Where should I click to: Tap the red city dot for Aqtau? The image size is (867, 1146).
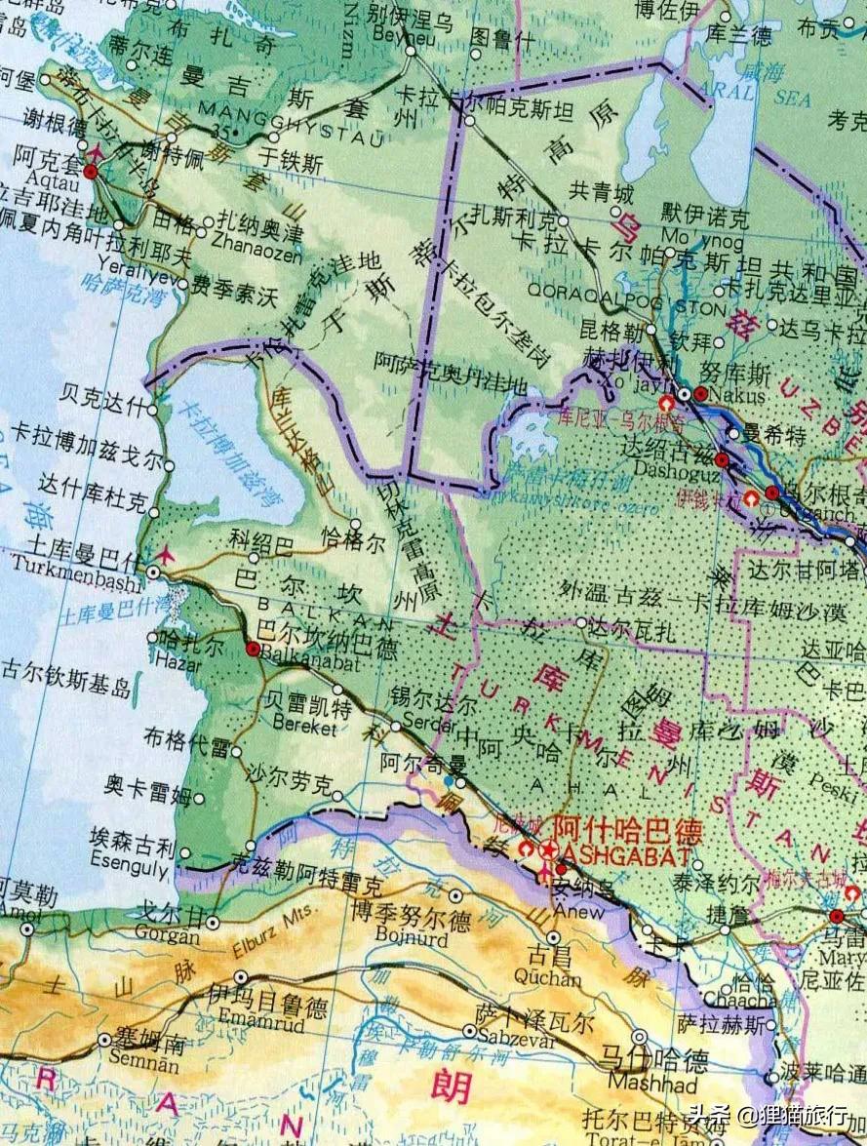[91, 172]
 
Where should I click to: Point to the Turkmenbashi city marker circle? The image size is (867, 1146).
[155, 572]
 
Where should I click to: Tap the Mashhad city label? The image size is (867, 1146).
[640, 1085]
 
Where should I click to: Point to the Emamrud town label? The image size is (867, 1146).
[243, 1027]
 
